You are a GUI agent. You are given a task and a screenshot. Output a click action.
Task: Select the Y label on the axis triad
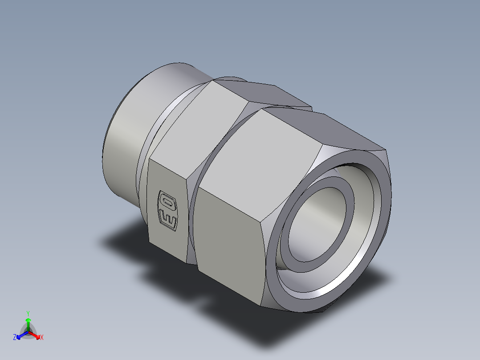click(28, 313)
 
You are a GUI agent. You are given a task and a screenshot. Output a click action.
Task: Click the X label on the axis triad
click(42, 337)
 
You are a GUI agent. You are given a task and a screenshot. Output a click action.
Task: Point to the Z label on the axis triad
click(15, 337)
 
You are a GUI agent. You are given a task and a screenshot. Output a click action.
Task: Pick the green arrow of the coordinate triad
click(28, 322)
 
